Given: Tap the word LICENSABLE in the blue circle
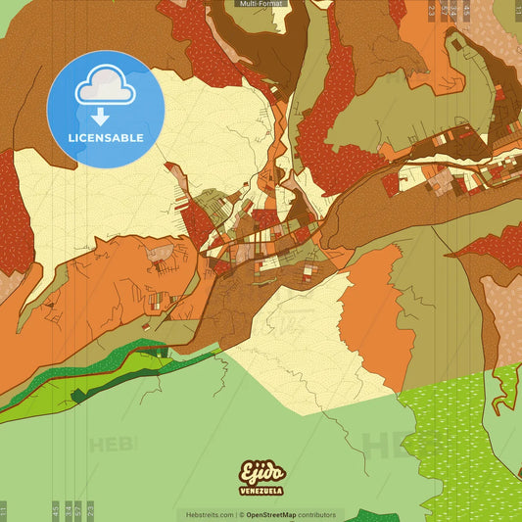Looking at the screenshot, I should coord(106,138).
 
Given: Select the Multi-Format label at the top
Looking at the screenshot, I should coord(261,4).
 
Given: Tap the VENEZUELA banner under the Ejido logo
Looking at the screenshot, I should coord(261,490).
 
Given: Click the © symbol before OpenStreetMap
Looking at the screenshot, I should coord(241,514).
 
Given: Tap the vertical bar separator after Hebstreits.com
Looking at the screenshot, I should coord(236,514).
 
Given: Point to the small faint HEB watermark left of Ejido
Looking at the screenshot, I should coord(113,445).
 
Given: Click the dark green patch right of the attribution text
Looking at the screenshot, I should coord(372,516).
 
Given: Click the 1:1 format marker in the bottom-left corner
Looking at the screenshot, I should coord(4,510).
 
